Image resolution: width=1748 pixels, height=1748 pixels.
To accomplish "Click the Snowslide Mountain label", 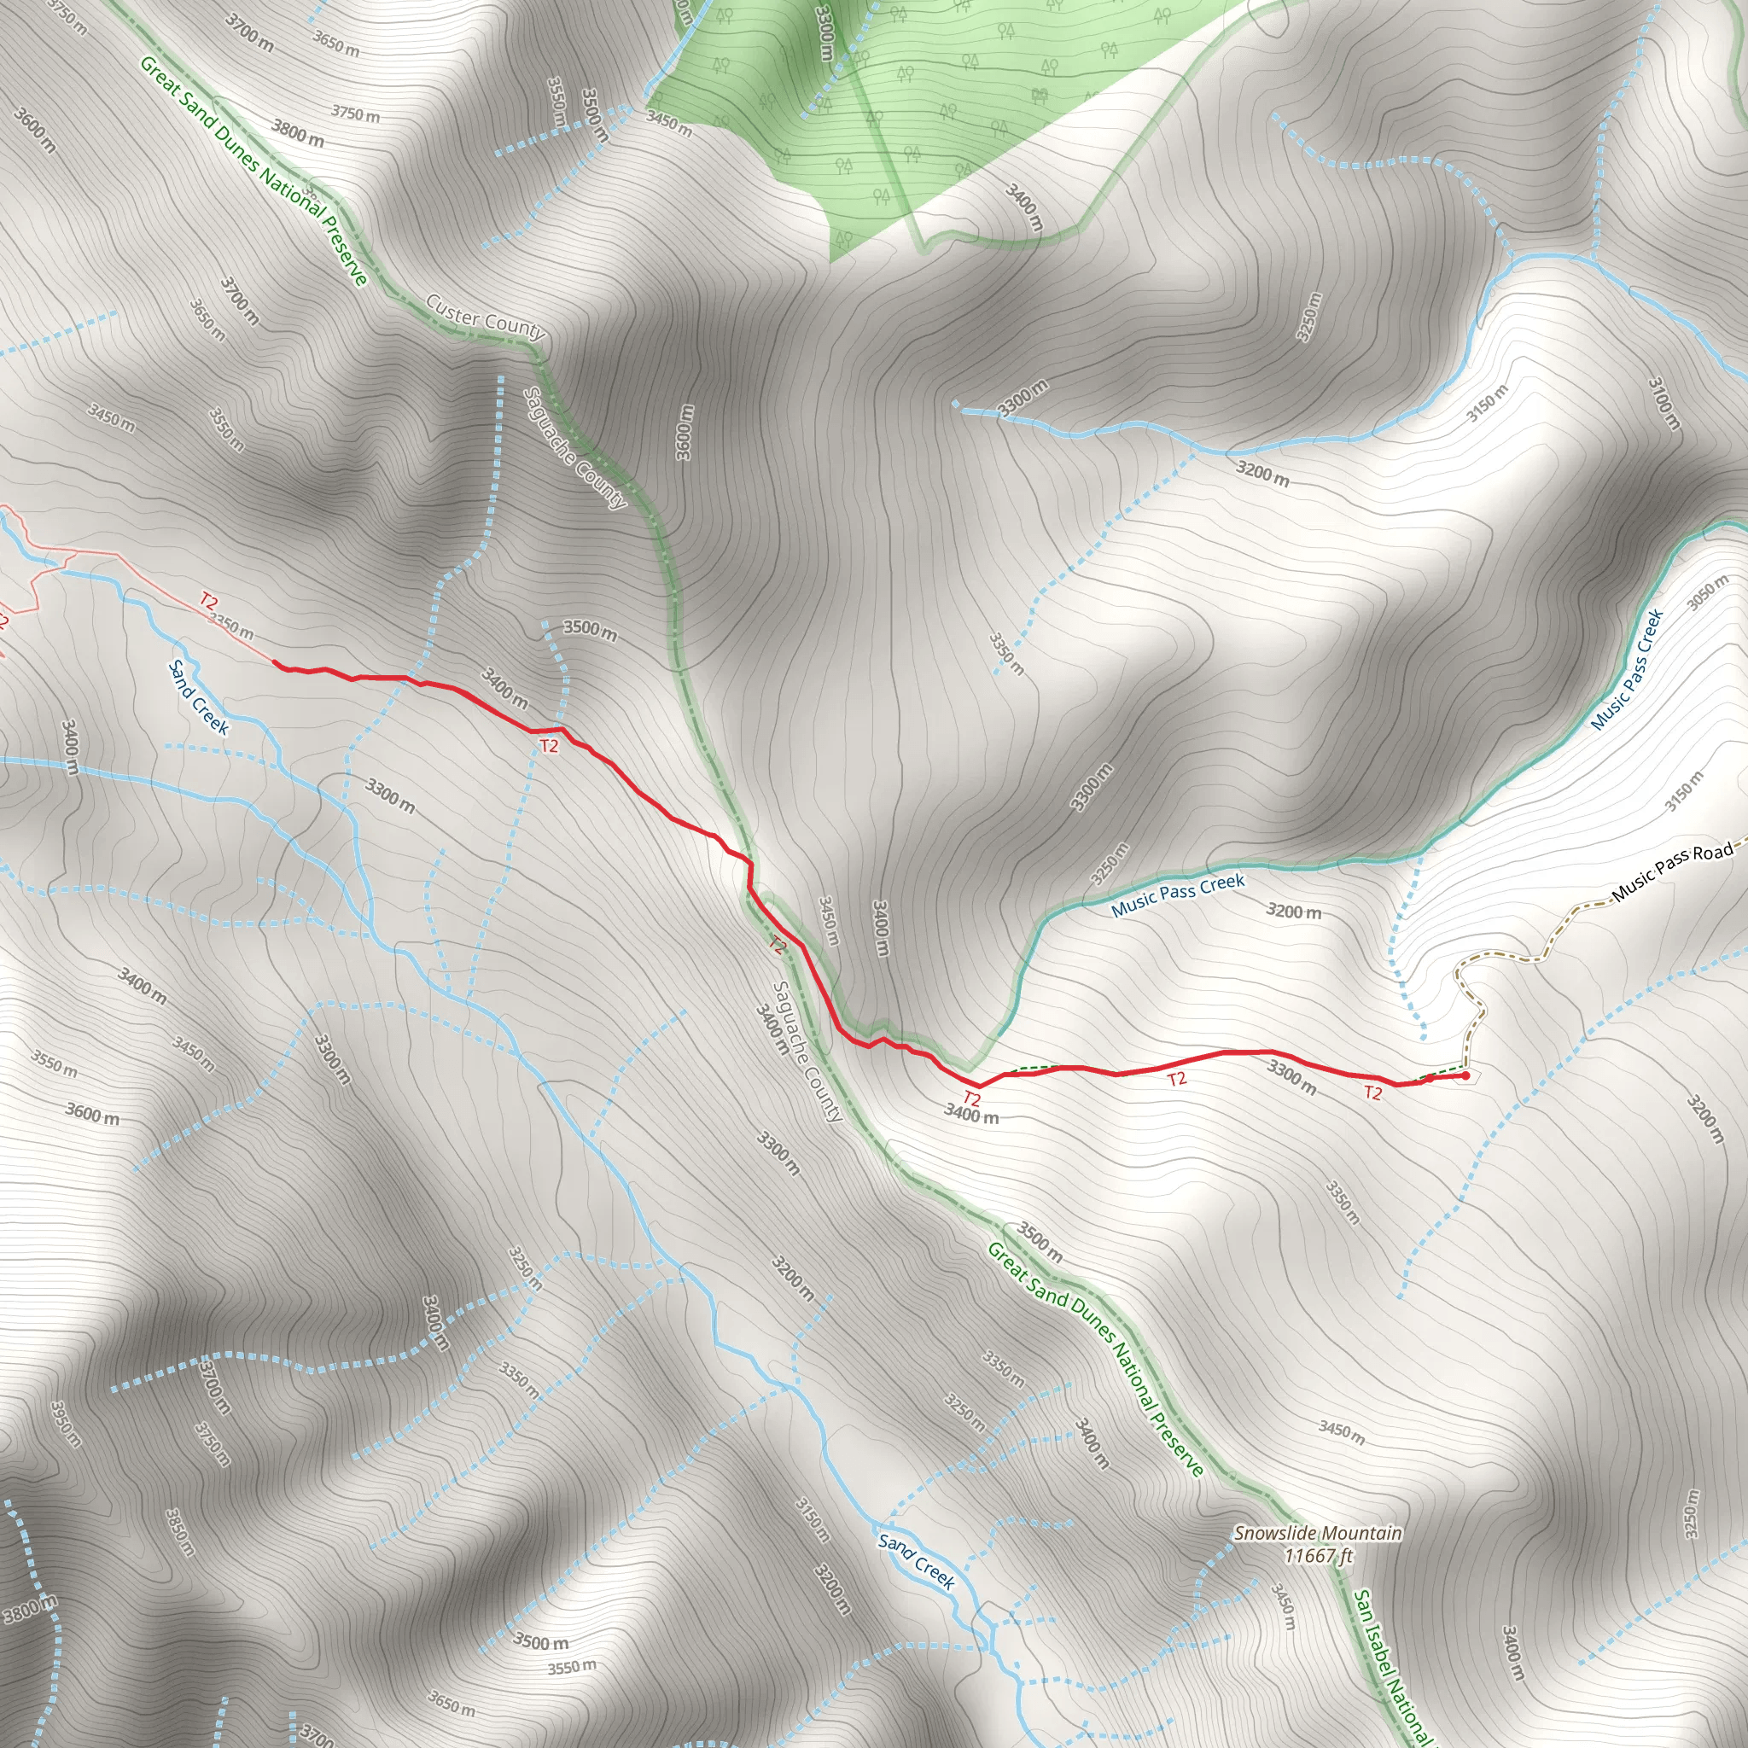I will click(x=1317, y=1533).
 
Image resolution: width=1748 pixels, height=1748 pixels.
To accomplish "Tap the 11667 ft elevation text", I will click(x=1318, y=1555).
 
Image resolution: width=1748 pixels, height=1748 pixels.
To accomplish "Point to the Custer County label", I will click(x=486, y=317).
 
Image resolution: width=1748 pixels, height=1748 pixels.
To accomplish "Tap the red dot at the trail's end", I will click(x=1465, y=1075).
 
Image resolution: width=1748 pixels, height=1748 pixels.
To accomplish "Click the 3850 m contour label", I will click(x=180, y=1531).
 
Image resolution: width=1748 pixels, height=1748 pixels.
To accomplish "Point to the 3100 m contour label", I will click(x=1664, y=404).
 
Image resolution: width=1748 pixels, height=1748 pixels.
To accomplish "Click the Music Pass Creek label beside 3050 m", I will click(x=1628, y=669).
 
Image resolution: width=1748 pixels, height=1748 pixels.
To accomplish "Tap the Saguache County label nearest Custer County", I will click(x=575, y=448).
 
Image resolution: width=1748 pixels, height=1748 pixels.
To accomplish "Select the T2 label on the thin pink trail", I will click(x=209, y=601).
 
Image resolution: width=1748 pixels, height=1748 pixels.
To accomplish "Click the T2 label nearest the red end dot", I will click(x=1372, y=1093).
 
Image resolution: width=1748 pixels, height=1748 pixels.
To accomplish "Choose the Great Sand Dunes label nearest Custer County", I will click(x=253, y=170).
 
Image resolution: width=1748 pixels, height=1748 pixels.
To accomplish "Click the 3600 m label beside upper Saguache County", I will click(x=685, y=433).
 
